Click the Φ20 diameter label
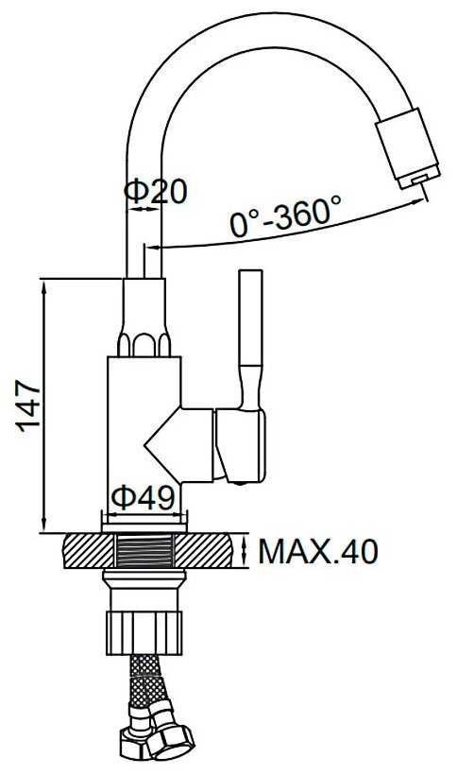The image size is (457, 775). click(x=156, y=191)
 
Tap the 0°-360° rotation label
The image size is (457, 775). click(x=285, y=217)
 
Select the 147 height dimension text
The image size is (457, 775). click(x=29, y=405)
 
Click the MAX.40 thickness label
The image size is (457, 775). click(x=318, y=552)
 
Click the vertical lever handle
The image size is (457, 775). click(x=251, y=338)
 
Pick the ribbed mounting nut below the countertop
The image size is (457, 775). click(x=144, y=633)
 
